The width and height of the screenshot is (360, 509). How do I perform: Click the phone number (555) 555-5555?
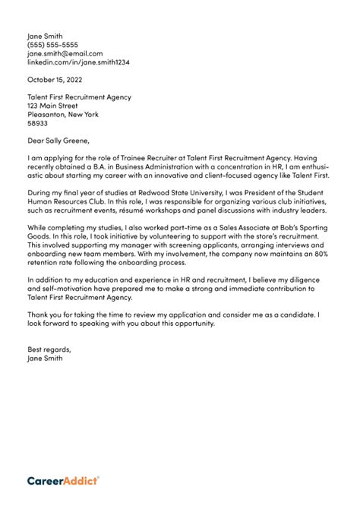52,45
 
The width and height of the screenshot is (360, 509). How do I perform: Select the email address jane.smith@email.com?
65,54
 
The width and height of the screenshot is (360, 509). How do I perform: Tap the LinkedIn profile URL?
78,62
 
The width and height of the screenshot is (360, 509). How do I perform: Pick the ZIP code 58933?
37,123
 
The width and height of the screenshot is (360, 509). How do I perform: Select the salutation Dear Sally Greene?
58,141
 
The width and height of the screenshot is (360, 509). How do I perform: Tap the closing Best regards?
49,349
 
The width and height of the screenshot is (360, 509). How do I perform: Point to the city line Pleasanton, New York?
63,115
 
